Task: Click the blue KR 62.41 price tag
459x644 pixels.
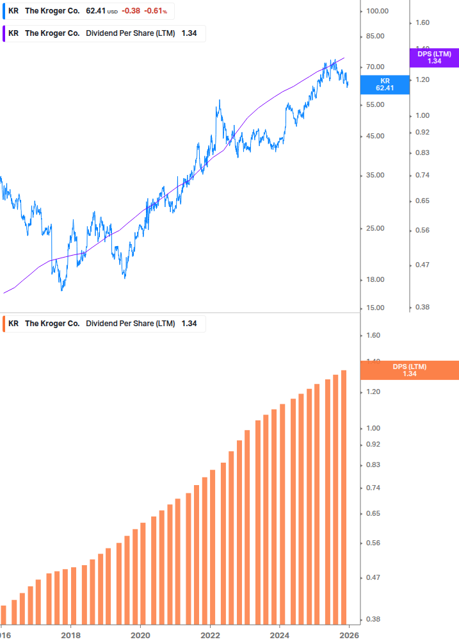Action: tap(385, 85)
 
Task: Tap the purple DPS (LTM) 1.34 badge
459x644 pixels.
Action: tap(434, 58)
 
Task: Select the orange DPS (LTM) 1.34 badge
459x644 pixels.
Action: tap(410, 370)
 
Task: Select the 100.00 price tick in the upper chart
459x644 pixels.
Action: tap(378, 11)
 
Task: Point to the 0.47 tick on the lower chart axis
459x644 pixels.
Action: tap(373, 578)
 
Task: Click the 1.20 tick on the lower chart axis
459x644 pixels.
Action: tap(373, 392)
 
